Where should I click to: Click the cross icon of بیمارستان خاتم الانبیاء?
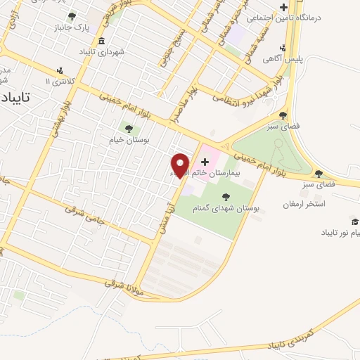tap(205, 162)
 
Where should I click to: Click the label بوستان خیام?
tap(127, 139)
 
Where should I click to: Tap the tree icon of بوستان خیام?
tap(128, 127)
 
